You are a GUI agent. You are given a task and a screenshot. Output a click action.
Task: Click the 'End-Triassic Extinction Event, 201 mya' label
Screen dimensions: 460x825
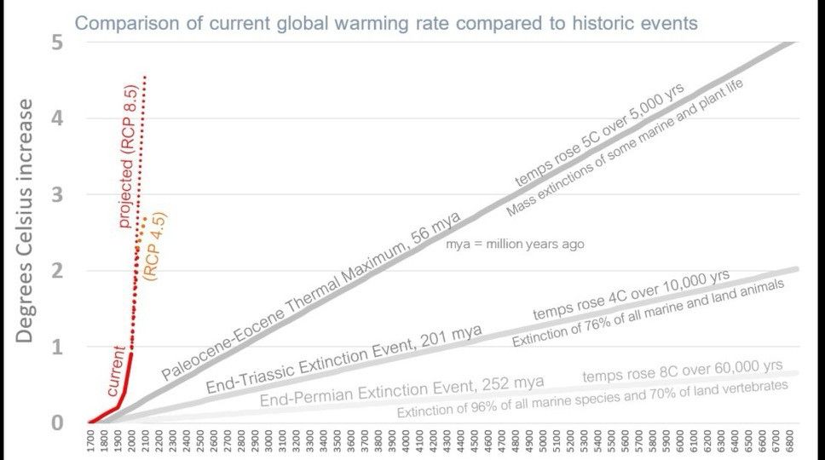pyautogui.click(x=343, y=359)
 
